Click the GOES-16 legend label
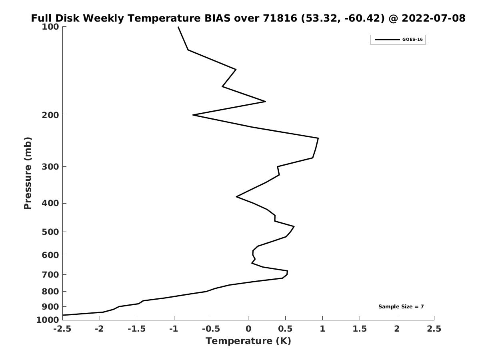(412, 40)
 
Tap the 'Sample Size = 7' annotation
(401, 306)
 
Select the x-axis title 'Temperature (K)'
(248, 341)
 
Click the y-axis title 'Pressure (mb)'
(28, 173)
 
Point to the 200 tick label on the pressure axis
(50, 115)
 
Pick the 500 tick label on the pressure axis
(50, 232)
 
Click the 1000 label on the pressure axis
(48, 320)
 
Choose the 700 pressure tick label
(50, 274)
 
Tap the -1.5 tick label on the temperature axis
(137, 328)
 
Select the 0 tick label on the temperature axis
(248, 328)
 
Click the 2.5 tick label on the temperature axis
(434, 328)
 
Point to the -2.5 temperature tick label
(62, 328)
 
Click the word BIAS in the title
(217, 18)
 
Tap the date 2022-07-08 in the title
(434, 18)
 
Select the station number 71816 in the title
(280, 18)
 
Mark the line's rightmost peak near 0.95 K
(318, 138)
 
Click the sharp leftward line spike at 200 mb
(193, 115)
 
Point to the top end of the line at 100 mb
(178, 27)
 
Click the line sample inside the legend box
(387, 40)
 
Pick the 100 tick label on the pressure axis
(50, 27)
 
